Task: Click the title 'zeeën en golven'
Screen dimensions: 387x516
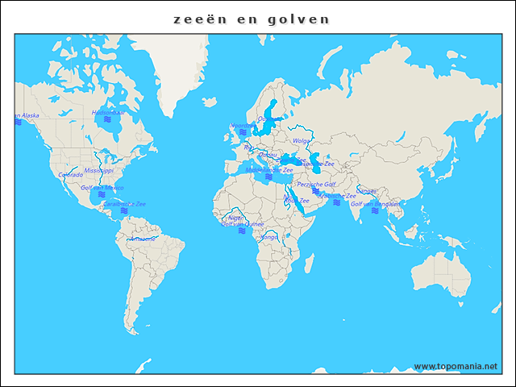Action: [x=252, y=19]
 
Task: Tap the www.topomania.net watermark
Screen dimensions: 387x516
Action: [x=455, y=366]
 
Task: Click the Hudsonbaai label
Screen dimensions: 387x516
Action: [x=109, y=113]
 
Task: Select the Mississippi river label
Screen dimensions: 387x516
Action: [x=99, y=171]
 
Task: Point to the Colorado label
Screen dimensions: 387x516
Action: [x=70, y=174]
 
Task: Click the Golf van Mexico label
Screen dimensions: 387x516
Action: [x=102, y=187]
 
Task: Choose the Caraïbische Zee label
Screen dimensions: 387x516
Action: [x=124, y=205]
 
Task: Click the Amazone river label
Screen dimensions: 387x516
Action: [x=143, y=239]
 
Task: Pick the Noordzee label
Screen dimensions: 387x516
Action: [x=242, y=126]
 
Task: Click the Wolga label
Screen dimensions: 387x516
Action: [x=302, y=141]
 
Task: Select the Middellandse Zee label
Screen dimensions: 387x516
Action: [x=269, y=170]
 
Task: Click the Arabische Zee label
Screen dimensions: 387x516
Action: [x=338, y=196]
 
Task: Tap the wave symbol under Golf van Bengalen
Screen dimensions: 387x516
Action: [x=375, y=211]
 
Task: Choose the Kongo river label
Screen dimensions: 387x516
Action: [x=269, y=237]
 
